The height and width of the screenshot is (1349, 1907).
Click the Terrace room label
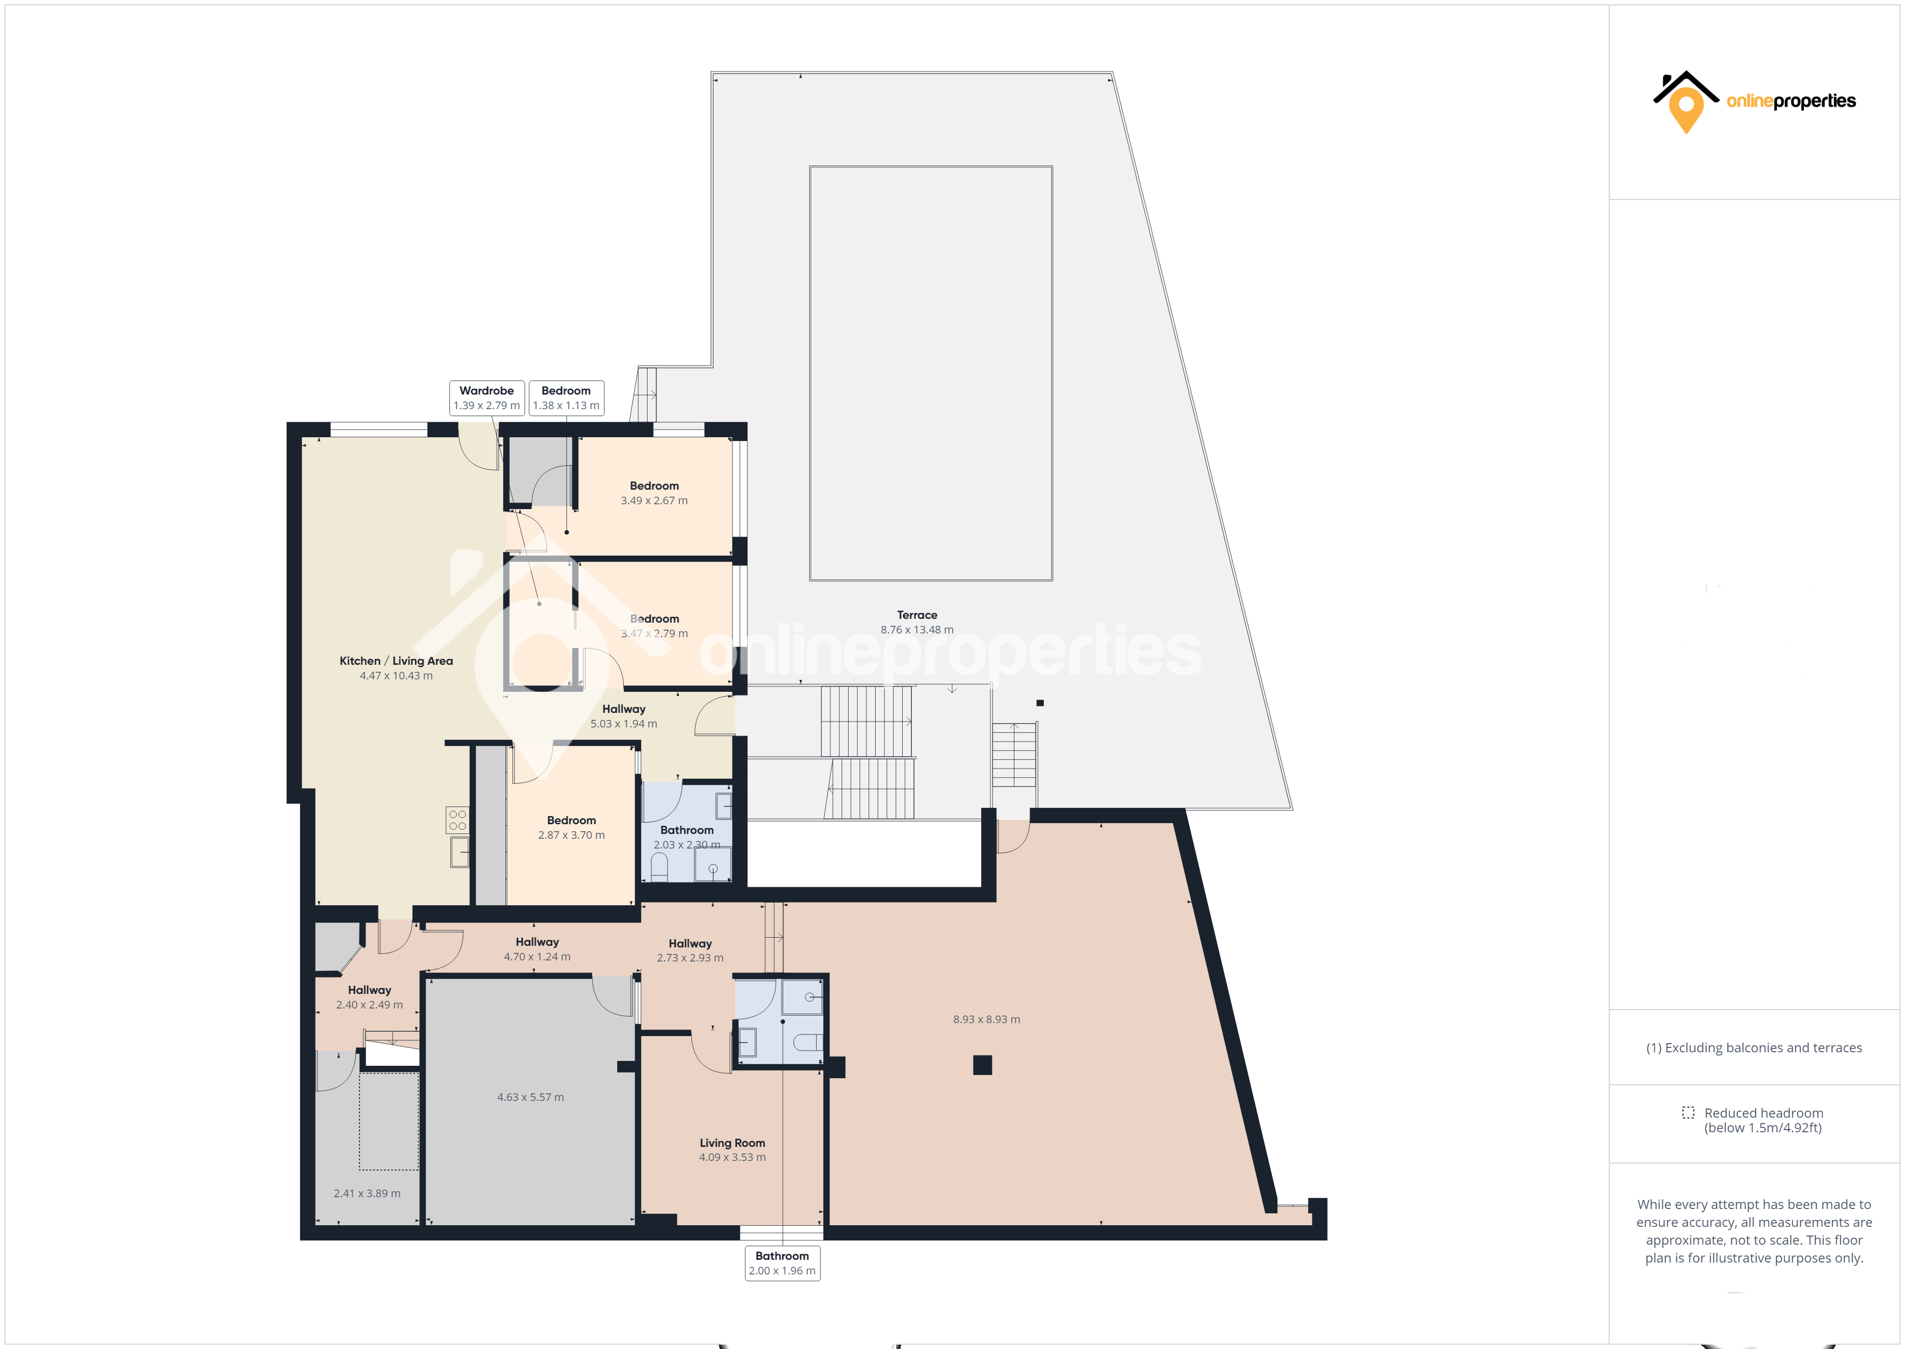pos(917,622)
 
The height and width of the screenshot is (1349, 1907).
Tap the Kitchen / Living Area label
pos(396,668)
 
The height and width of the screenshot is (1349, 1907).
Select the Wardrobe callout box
pos(486,398)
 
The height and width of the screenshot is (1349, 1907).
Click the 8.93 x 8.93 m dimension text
pos(986,1019)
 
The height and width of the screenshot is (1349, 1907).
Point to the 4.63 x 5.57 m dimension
pos(531,1097)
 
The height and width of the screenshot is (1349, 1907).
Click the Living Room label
pos(732,1150)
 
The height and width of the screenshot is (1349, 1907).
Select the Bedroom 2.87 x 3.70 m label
pos(571,827)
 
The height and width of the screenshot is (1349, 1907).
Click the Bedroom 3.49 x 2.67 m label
pos(655,492)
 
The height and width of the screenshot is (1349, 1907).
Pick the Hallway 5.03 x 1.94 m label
pos(624,716)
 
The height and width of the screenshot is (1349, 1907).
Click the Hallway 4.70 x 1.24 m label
pos(537,949)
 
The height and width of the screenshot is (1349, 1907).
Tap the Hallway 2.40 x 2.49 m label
pos(370,997)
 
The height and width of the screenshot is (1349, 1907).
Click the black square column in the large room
pos(983,1065)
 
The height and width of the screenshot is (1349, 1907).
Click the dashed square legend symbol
pos(1688,1112)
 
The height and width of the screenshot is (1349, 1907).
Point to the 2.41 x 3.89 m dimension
pos(367,1194)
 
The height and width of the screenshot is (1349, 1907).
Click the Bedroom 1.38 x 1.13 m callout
pos(566,398)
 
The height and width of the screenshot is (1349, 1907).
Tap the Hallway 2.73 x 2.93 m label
pos(690,950)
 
